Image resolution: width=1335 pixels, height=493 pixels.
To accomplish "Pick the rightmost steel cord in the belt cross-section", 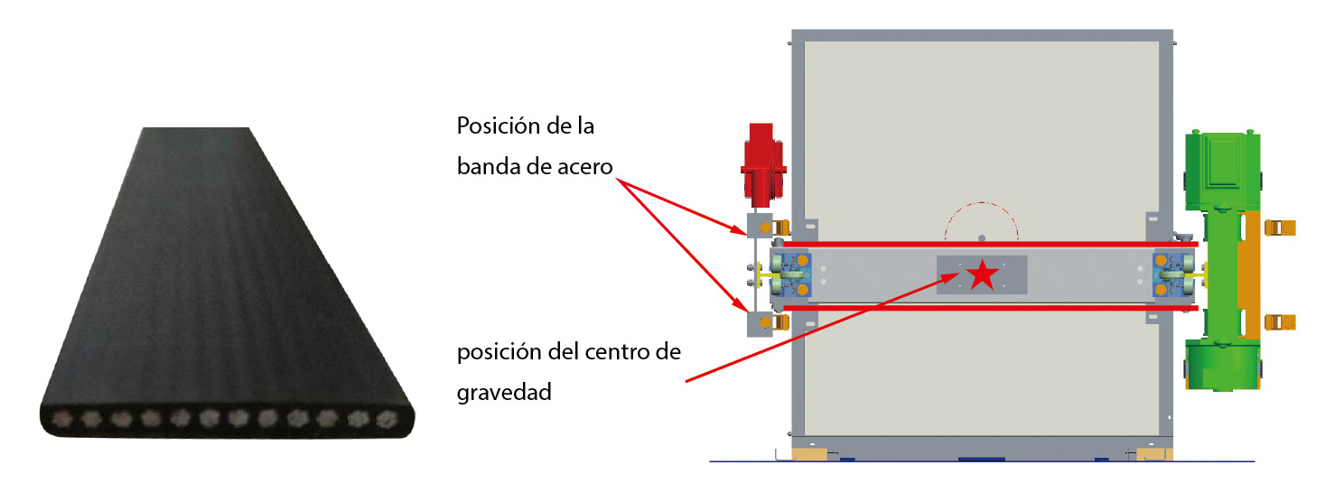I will pyautogui.click(x=387, y=419).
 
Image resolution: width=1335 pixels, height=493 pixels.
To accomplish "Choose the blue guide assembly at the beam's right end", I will pyautogui.click(x=1168, y=275).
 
